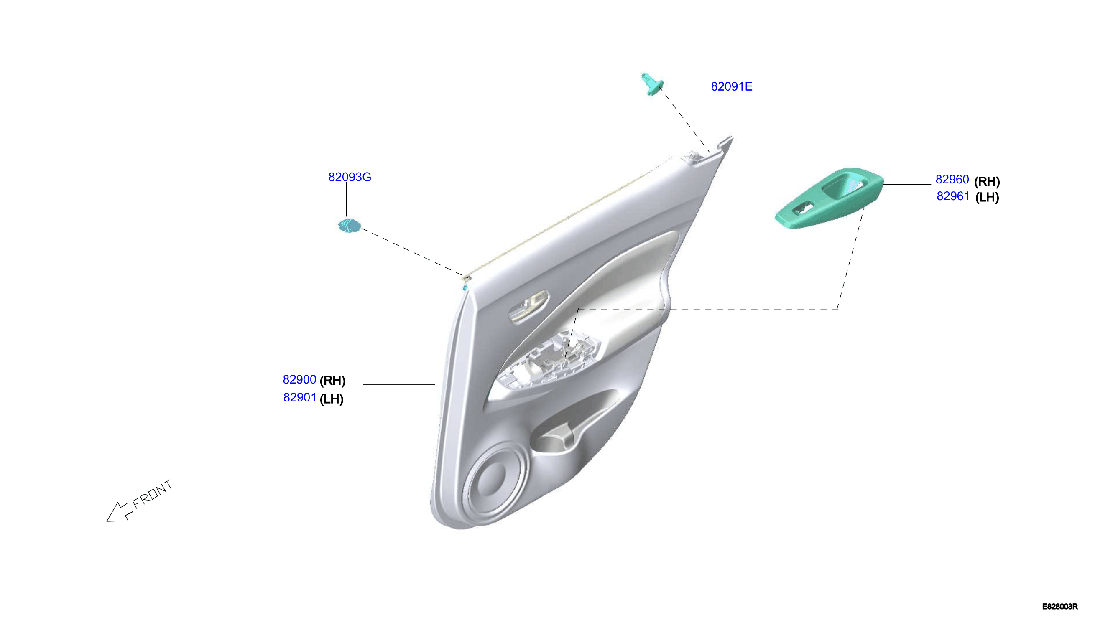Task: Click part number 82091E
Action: pyautogui.click(x=731, y=86)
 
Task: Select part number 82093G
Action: pyautogui.click(x=350, y=177)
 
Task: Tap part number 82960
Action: pyautogui.click(x=952, y=179)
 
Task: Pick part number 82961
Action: pyautogui.click(x=953, y=196)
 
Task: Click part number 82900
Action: pyautogui.click(x=299, y=379)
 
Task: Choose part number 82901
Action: pyautogui.click(x=299, y=397)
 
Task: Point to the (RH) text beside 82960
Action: pyautogui.click(x=987, y=181)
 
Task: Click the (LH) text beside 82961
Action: pyautogui.click(x=987, y=197)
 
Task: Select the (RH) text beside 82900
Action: pyautogui.click(x=332, y=380)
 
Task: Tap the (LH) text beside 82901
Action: pyautogui.click(x=332, y=399)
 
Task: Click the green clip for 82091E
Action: pyautogui.click(x=651, y=84)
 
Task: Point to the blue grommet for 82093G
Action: pyautogui.click(x=349, y=226)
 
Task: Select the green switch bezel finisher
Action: pyautogui.click(x=829, y=198)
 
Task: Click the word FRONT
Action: pyautogui.click(x=152, y=494)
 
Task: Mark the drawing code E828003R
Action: pyautogui.click(x=1059, y=606)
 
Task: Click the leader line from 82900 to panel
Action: pyautogui.click(x=399, y=384)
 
